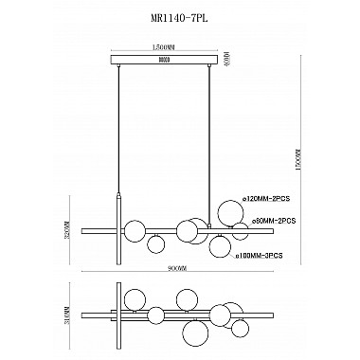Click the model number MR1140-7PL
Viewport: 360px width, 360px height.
179,15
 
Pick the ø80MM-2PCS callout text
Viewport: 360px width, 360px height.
270,220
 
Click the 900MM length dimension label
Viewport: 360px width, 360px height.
167,268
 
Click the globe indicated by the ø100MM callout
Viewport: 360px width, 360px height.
221,247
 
